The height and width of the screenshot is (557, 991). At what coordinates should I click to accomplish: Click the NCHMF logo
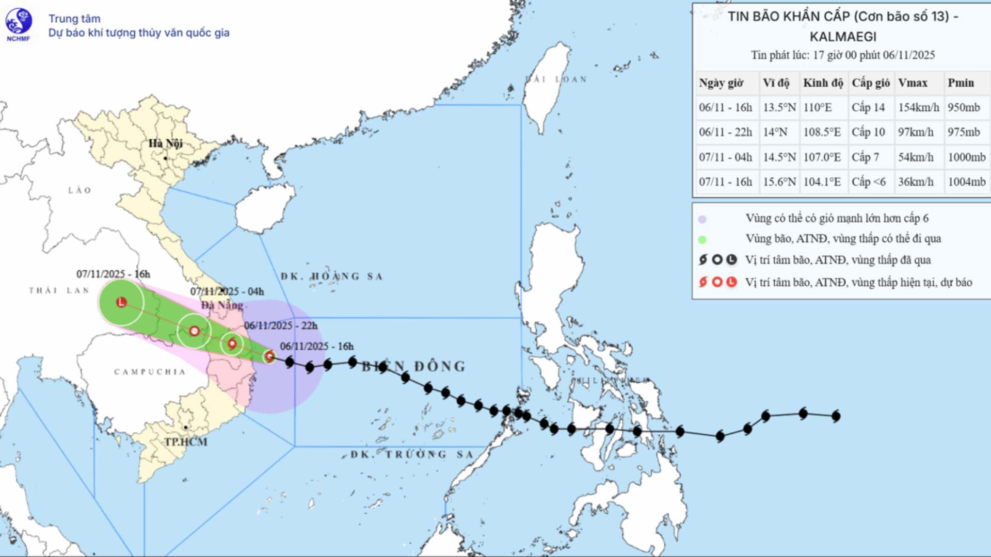[x=19, y=24]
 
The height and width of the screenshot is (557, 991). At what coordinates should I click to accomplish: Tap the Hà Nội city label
[x=165, y=143]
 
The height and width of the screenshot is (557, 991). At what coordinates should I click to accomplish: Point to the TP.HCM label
[x=186, y=442]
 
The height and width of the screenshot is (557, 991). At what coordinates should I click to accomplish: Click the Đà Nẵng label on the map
[x=222, y=305]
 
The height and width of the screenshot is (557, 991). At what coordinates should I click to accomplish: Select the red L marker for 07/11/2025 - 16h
[x=121, y=302]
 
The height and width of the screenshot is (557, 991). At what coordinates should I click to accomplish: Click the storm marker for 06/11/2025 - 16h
[x=269, y=356]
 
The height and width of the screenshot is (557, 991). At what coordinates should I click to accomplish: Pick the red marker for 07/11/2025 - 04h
[x=194, y=331]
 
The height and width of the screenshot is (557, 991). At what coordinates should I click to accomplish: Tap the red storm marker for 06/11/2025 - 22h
[x=232, y=343]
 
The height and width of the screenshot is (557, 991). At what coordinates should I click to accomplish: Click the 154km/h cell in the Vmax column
[x=918, y=107]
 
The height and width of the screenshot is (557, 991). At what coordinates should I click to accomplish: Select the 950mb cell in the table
[x=963, y=107]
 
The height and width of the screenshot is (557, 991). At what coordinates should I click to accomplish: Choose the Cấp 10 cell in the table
[x=868, y=132]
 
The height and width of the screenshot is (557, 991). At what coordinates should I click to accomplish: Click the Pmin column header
[x=961, y=83]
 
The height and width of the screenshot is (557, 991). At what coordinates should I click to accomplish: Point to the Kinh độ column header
[x=823, y=83]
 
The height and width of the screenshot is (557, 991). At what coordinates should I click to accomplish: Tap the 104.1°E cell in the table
[x=822, y=182]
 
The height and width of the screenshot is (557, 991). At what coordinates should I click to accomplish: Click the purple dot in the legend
[x=702, y=219]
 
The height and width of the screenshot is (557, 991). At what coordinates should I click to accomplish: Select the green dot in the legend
[x=702, y=239]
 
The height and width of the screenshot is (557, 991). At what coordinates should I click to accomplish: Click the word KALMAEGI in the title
[x=843, y=37]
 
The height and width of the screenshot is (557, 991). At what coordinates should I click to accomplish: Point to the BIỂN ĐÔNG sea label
[x=413, y=367]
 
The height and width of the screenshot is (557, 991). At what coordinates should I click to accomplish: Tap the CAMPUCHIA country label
[x=150, y=372]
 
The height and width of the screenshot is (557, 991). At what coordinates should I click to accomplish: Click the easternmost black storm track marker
[x=836, y=416]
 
